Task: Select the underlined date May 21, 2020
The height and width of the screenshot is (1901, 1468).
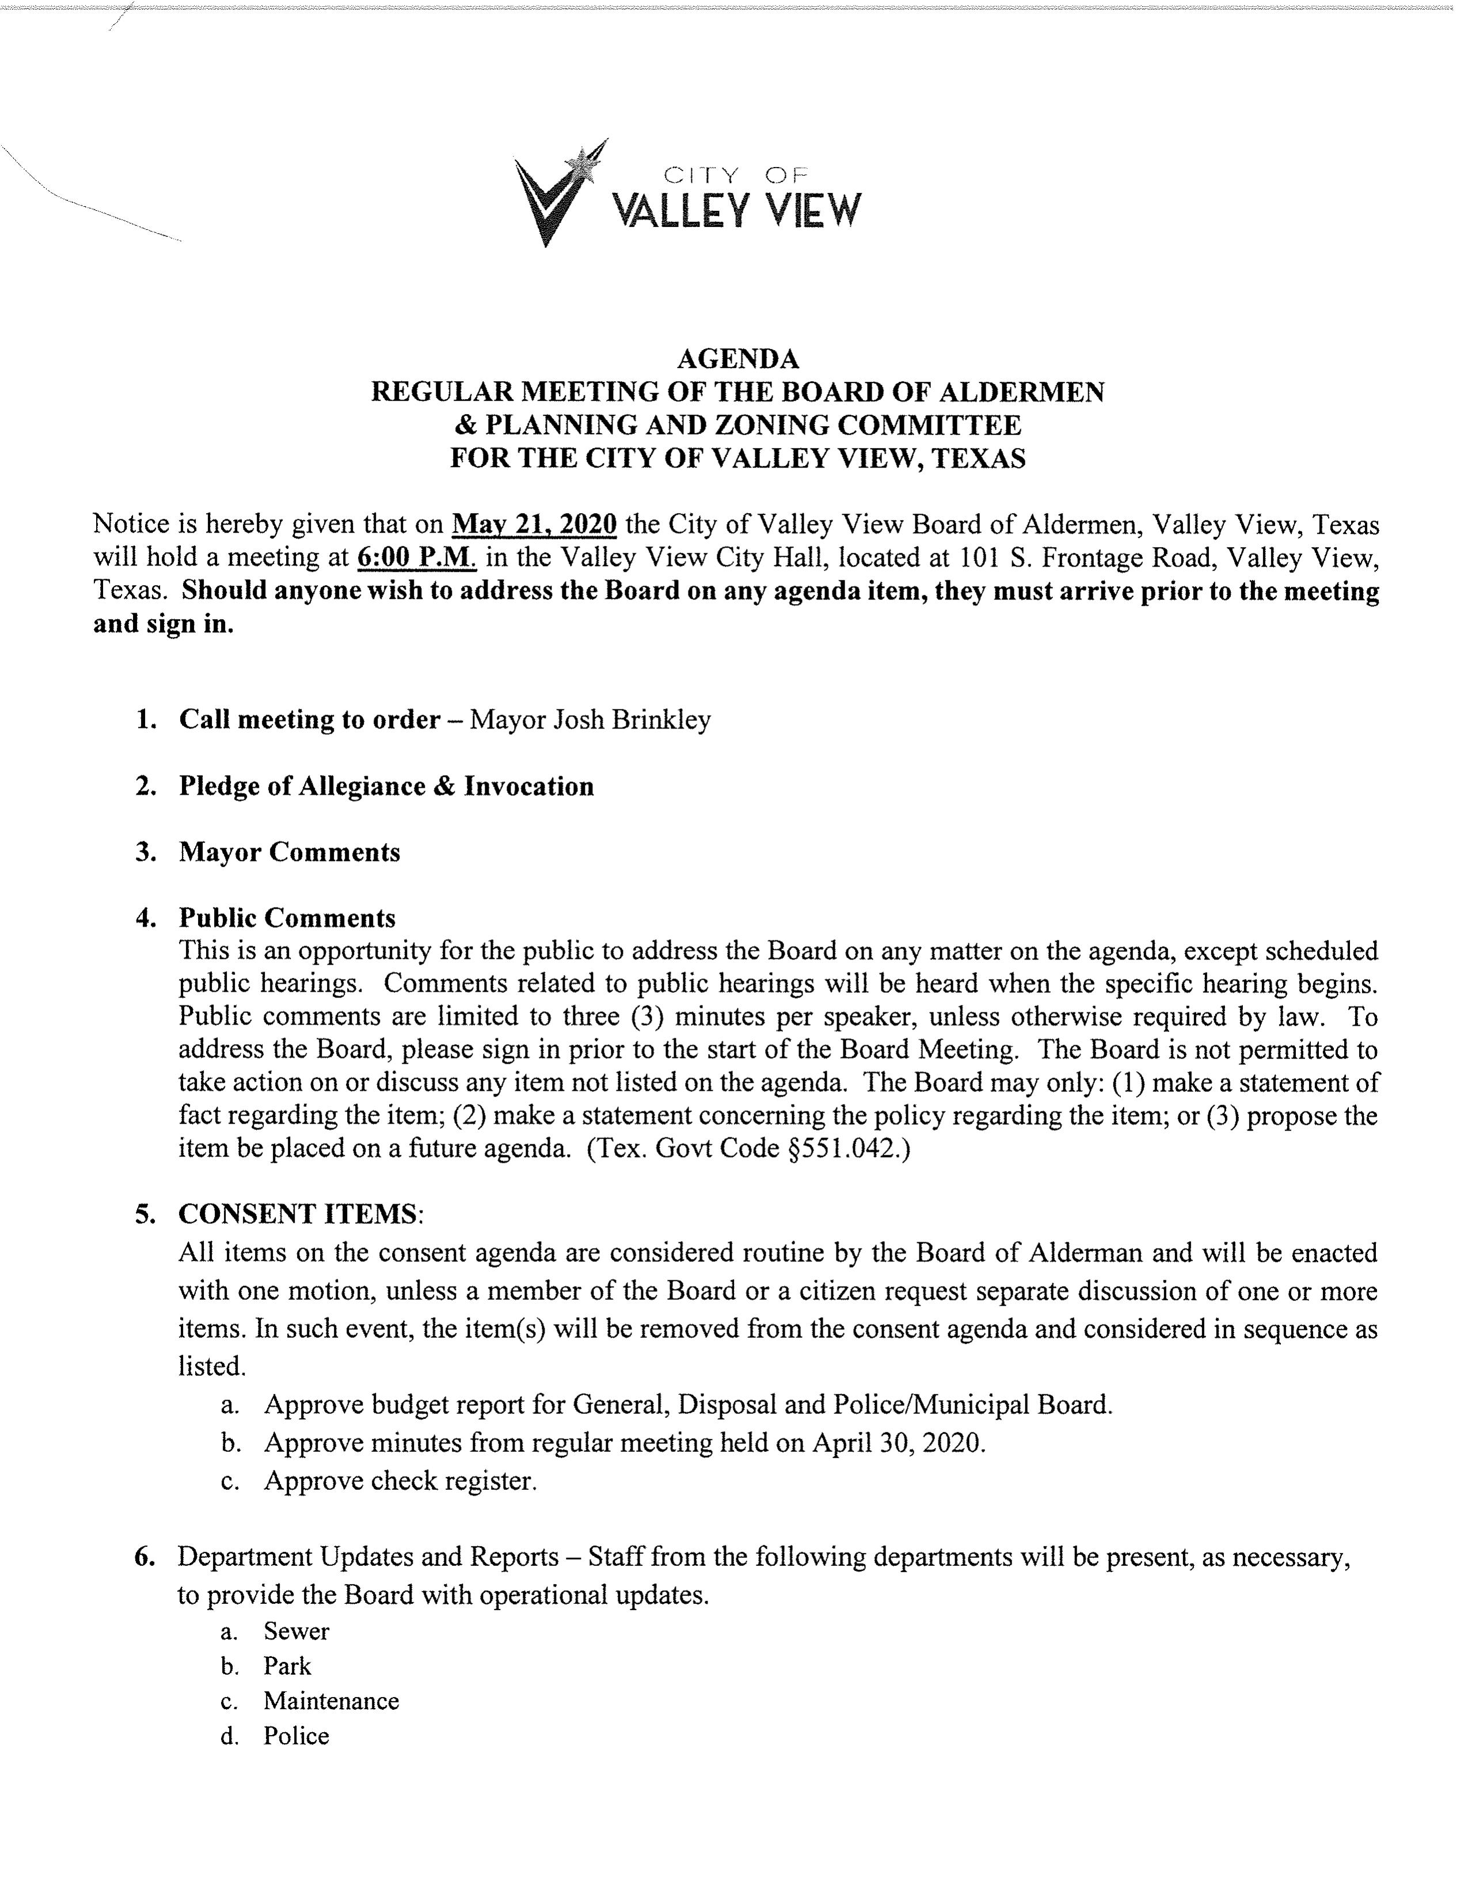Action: pyautogui.click(x=534, y=525)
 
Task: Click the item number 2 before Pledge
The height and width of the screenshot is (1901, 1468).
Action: pyautogui.click(x=145, y=786)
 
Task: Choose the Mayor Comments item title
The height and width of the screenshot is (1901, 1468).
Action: pyautogui.click(x=289, y=852)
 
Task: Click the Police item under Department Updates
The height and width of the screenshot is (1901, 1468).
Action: pyautogui.click(x=296, y=1736)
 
